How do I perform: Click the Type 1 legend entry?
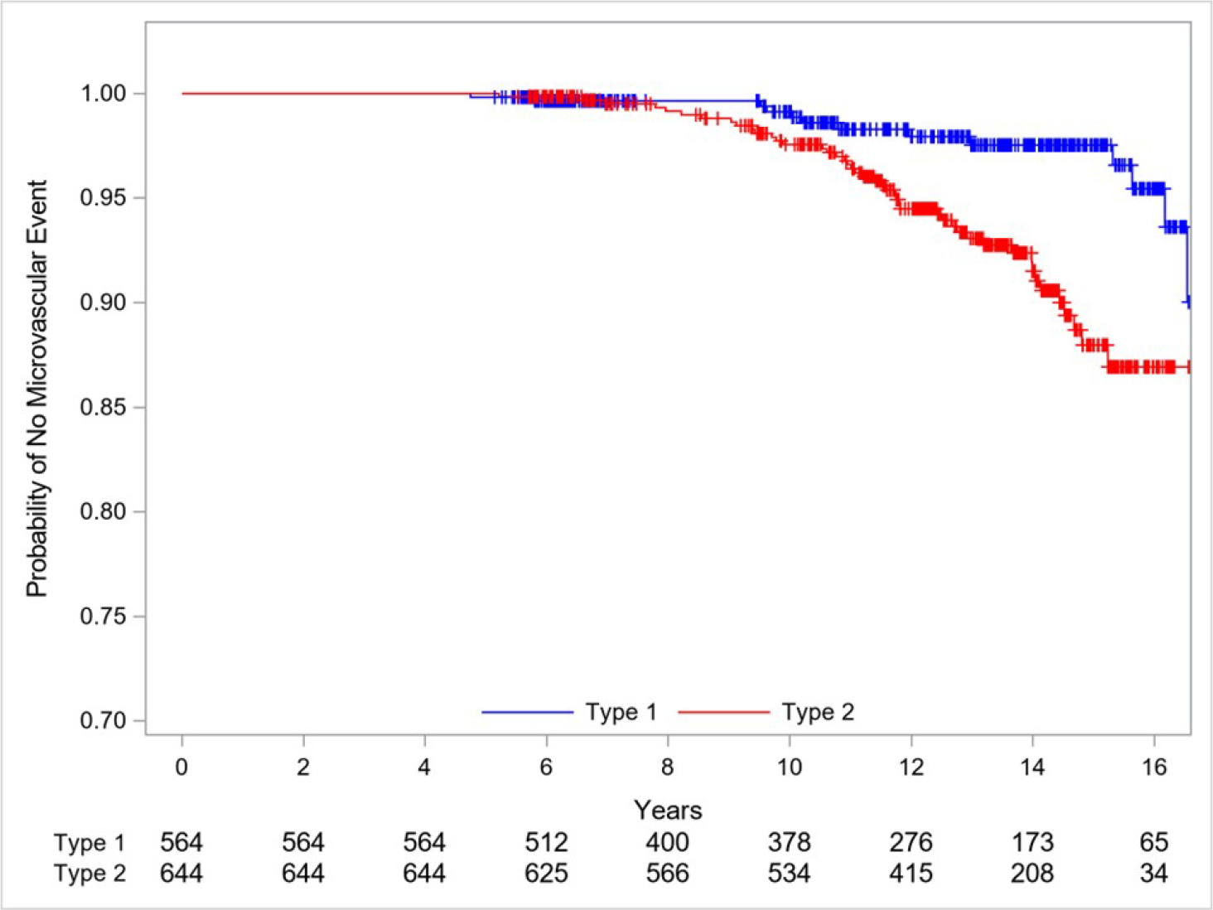click(621, 712)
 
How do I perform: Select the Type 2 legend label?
click(817, 712)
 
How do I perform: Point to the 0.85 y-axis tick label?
click(103, 407)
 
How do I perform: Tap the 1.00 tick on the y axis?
click(103, 94)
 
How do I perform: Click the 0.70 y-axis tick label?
click(103, 720)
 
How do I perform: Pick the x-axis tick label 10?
click(789, 767)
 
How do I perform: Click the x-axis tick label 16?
click(1153, 767)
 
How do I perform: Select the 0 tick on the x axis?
click(181, 767)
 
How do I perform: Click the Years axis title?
click(668, 810)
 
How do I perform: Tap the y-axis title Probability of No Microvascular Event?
click(37, 388)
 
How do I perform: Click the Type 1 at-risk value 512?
click(546, 843)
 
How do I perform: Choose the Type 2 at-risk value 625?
click(546, 874)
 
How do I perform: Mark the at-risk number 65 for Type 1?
click(1153, 843)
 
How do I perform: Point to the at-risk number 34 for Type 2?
click(1153, 874)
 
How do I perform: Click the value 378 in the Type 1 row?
click(789, 843)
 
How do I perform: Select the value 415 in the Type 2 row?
click(911, 874)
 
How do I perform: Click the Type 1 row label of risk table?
click(89, 844)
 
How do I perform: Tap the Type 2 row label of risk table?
click(89, 874)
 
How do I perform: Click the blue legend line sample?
click(527, 712)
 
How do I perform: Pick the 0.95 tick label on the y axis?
click(103, 198)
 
